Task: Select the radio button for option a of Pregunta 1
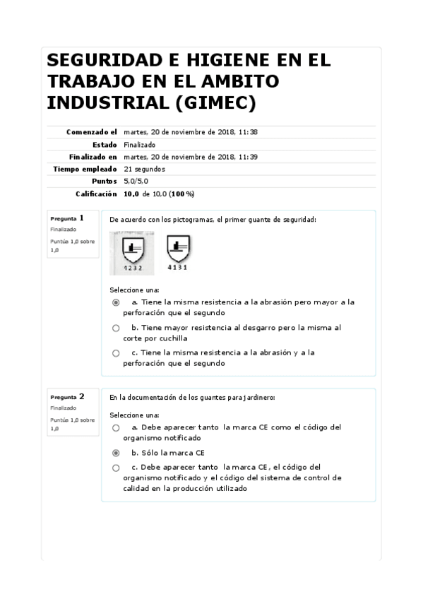tap(116, 302)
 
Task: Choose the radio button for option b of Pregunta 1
tap(116, 328)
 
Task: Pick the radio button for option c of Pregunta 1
tap(116, 352)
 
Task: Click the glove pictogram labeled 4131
tap(178, 251)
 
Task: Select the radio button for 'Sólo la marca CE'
tap(116, 453)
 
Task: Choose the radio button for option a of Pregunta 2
tap(116, 428)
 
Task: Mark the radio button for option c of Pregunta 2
tap(116, 468)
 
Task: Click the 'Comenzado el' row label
tap(91, 132)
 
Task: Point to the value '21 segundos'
tap(144, 169)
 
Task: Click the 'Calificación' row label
tap(96, 194)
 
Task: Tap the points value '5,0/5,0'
tap(136, 182)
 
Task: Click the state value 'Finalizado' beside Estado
tap(139, 144)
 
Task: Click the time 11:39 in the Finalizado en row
tap(247, 157)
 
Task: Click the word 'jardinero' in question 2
tap(258, 398)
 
